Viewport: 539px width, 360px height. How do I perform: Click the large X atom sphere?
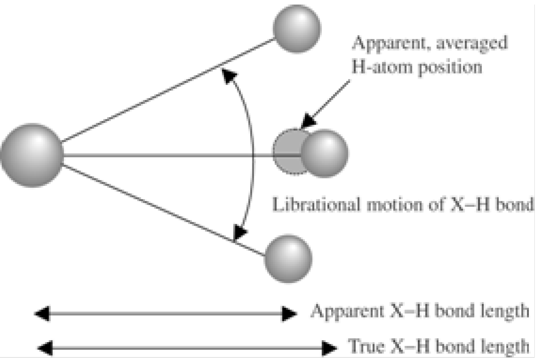[x=32, y=155]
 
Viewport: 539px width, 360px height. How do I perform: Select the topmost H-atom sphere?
[x=297, y=28]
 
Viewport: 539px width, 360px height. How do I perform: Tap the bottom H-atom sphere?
[x=288, y=259]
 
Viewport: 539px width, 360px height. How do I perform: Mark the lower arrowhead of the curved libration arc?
[x=239, y=232]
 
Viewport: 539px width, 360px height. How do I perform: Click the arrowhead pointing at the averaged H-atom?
[x=308, y=121]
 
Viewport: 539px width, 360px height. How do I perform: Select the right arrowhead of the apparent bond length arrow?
[x=289, y=314]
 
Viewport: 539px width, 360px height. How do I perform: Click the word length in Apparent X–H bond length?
[x=508, y=311]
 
